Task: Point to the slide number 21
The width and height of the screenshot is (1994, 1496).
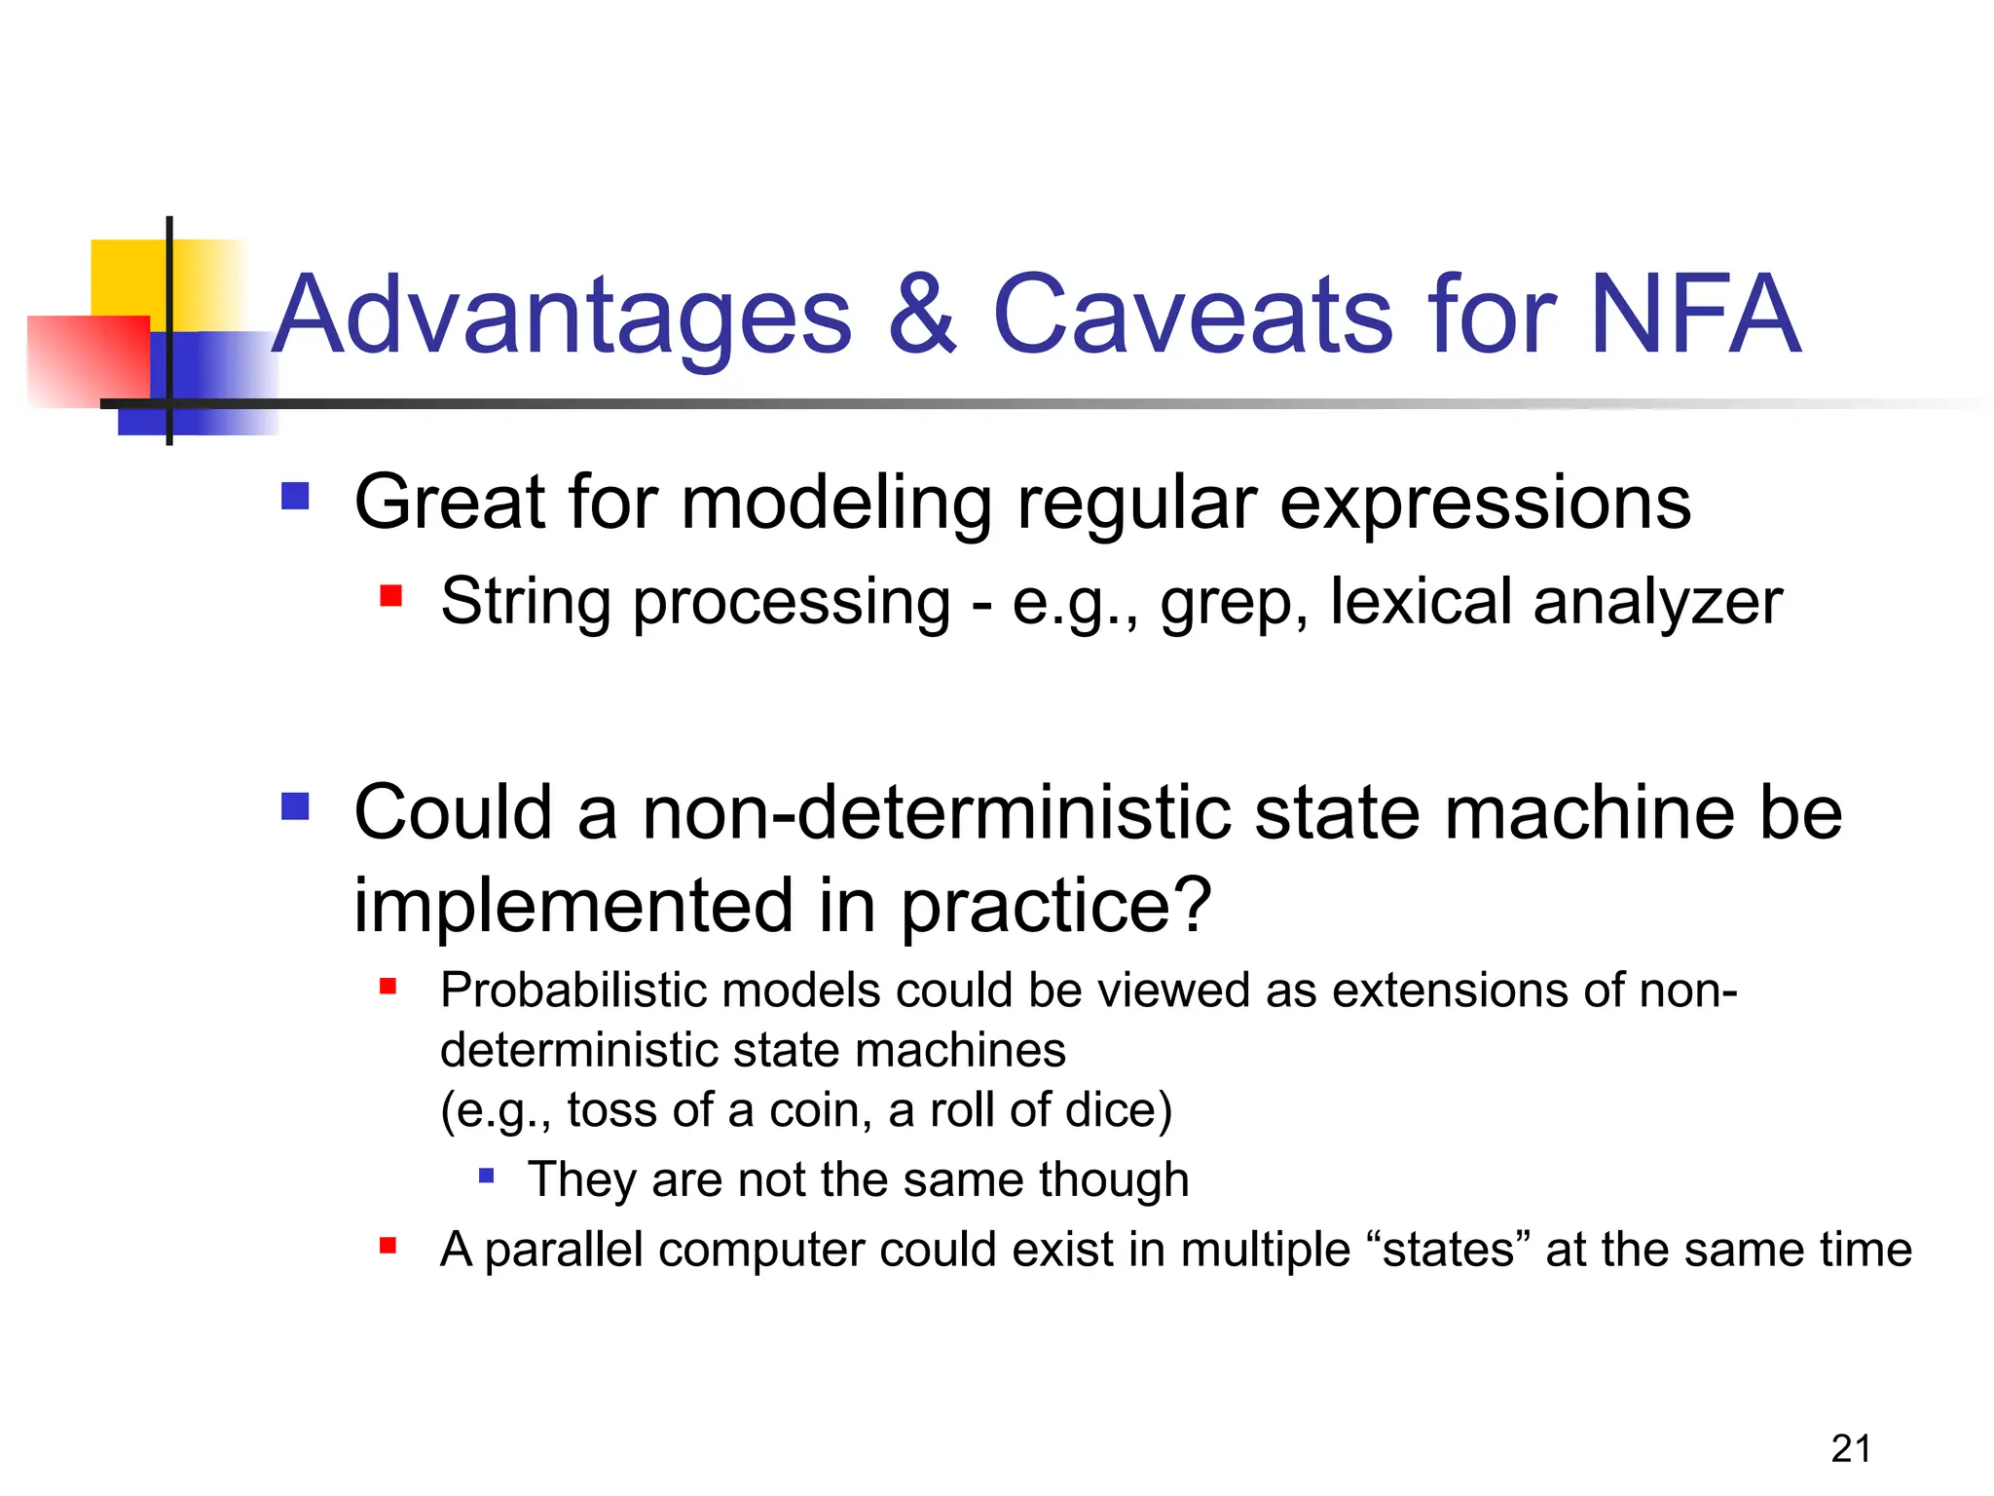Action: click(x=1850, y=1449)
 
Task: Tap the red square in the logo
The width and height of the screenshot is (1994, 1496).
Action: click(x=88, y=360)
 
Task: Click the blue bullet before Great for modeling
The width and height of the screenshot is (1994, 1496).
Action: click(x=295, y=497)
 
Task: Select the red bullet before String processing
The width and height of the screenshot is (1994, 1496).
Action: click(x=391, y=595)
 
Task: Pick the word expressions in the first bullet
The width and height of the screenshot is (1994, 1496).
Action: click(x=1484, y=504)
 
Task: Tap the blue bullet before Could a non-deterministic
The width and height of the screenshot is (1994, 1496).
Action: click(x=295, y=806)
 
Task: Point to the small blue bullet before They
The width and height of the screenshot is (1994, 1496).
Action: click(x=487, y=1177)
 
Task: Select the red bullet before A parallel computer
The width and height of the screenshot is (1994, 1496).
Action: click(x=388, y=1246)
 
